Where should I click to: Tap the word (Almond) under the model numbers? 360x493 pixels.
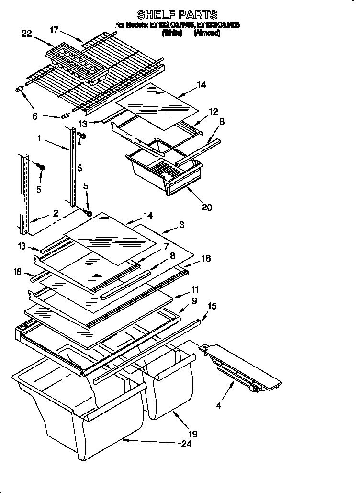click(x=207, y=34)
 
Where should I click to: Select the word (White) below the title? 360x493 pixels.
click(x=172, y=34)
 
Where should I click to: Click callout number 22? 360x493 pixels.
click(x=27, y=33)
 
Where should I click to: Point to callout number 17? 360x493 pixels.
click(x=54, y=30)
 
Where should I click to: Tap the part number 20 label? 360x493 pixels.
click(x=207, y=207)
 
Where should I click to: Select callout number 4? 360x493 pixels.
click(x=218, y=406)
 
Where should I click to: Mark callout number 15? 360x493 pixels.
click(x=212, y=305)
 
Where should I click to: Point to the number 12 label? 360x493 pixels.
click(x=213, y=112)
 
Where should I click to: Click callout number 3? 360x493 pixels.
click(x=182, y=224)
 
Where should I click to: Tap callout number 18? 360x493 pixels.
click(x=18, y=272)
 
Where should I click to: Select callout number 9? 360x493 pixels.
click(x=194, y=301)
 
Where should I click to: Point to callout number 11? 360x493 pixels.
click(x=195, y=289)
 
